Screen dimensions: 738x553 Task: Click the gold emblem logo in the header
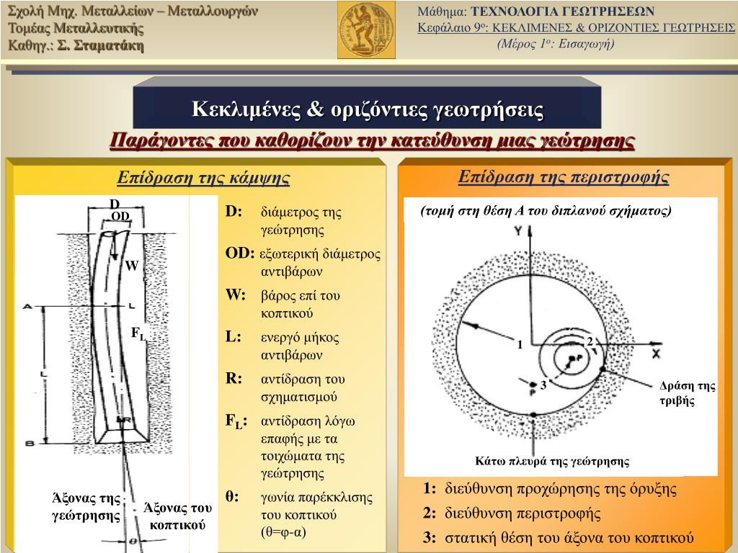tap(366, 30)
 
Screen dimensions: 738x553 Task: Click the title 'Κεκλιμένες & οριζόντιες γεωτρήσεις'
tap(368, 109)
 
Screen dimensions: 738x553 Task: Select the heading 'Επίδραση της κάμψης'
tap(203, 178)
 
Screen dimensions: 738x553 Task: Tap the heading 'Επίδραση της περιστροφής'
tap(564, 177)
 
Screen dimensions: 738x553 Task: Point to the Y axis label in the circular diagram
tap(517, 231)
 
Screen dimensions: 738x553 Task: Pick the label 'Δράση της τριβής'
tap(687, 393)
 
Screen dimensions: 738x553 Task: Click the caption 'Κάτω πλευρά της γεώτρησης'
tap(552, 462)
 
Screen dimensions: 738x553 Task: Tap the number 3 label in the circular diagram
tap(543, 385)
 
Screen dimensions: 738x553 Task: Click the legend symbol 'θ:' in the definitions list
tap(232, 497)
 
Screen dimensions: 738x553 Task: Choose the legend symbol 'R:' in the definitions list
tap(234, 379)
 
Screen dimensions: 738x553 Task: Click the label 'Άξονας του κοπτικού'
tap(177, 516)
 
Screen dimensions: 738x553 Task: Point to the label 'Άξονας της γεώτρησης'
tap(85, 506)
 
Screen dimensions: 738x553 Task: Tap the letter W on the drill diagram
tap(131, 266)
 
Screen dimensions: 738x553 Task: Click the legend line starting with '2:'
tap(512, 513)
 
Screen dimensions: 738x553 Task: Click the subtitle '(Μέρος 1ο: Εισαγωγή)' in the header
tap(555, 43)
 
